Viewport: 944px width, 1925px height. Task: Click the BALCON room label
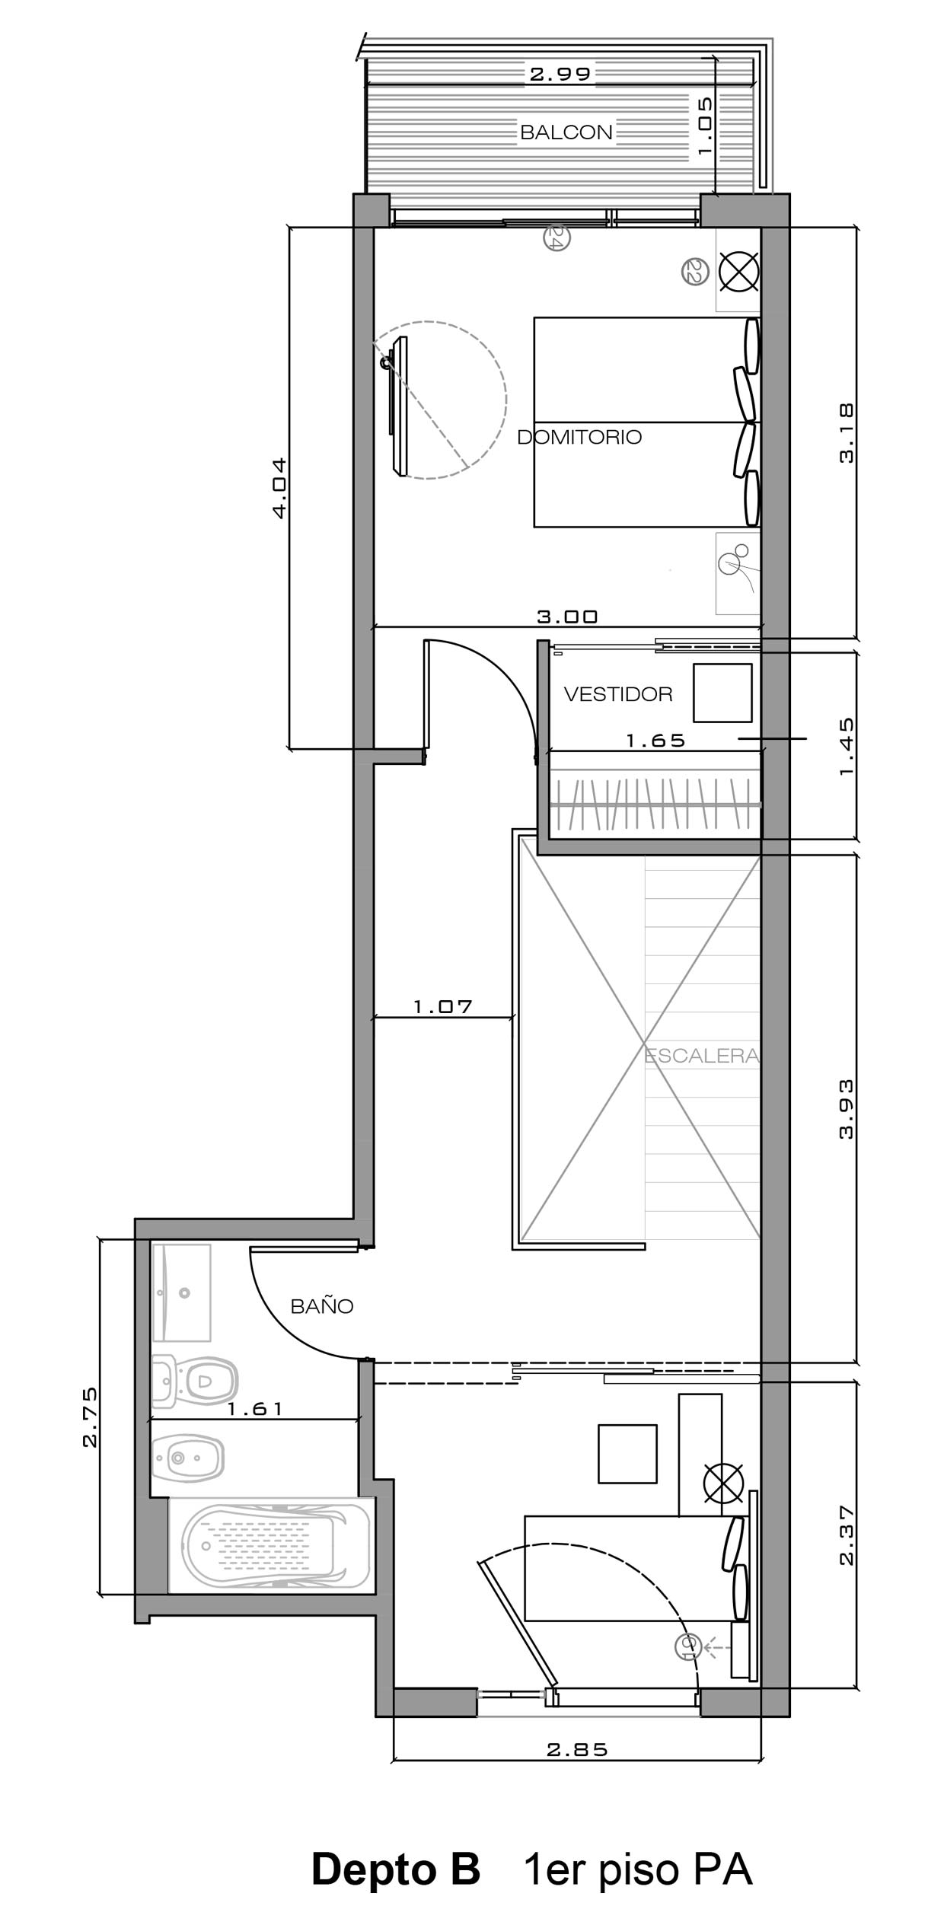click(x=566, y=132)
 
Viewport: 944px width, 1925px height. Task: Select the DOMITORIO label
click(x=579, y=437)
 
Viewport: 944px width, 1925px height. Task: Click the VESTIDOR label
click(x=618, y=694)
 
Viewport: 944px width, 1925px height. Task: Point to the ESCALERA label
click(x=702, y=1056)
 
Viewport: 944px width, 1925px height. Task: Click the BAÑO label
click(x=322, y=1306)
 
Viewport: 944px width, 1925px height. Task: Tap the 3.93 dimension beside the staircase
click(x=846, y=1108)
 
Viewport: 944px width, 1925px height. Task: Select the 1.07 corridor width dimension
click(x=443, y=1006)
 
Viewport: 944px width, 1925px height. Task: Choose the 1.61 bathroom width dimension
click(x=255, y=1409)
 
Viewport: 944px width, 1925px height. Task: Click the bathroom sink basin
click(x=181, y=1292)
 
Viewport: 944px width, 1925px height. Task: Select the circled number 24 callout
click(x=557, y=239)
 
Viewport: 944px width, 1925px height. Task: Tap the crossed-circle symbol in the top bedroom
click(x=738, y=271)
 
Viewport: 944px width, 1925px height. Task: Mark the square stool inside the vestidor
click(x=722, y=693)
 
